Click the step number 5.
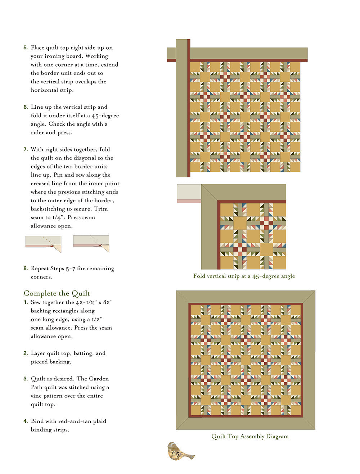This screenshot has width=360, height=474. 26,48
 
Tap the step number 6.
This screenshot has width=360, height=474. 26,107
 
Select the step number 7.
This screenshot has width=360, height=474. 26,150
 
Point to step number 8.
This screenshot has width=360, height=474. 26,268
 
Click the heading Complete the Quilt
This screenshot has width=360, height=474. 57,293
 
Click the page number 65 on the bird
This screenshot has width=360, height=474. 176,454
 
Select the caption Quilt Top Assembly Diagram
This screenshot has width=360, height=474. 250,437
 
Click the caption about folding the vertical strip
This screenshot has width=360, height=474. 244,276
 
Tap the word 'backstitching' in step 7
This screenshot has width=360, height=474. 49,209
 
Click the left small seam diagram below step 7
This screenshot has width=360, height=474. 44,244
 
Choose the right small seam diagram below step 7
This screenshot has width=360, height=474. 91,243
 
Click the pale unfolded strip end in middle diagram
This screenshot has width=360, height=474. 189,193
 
